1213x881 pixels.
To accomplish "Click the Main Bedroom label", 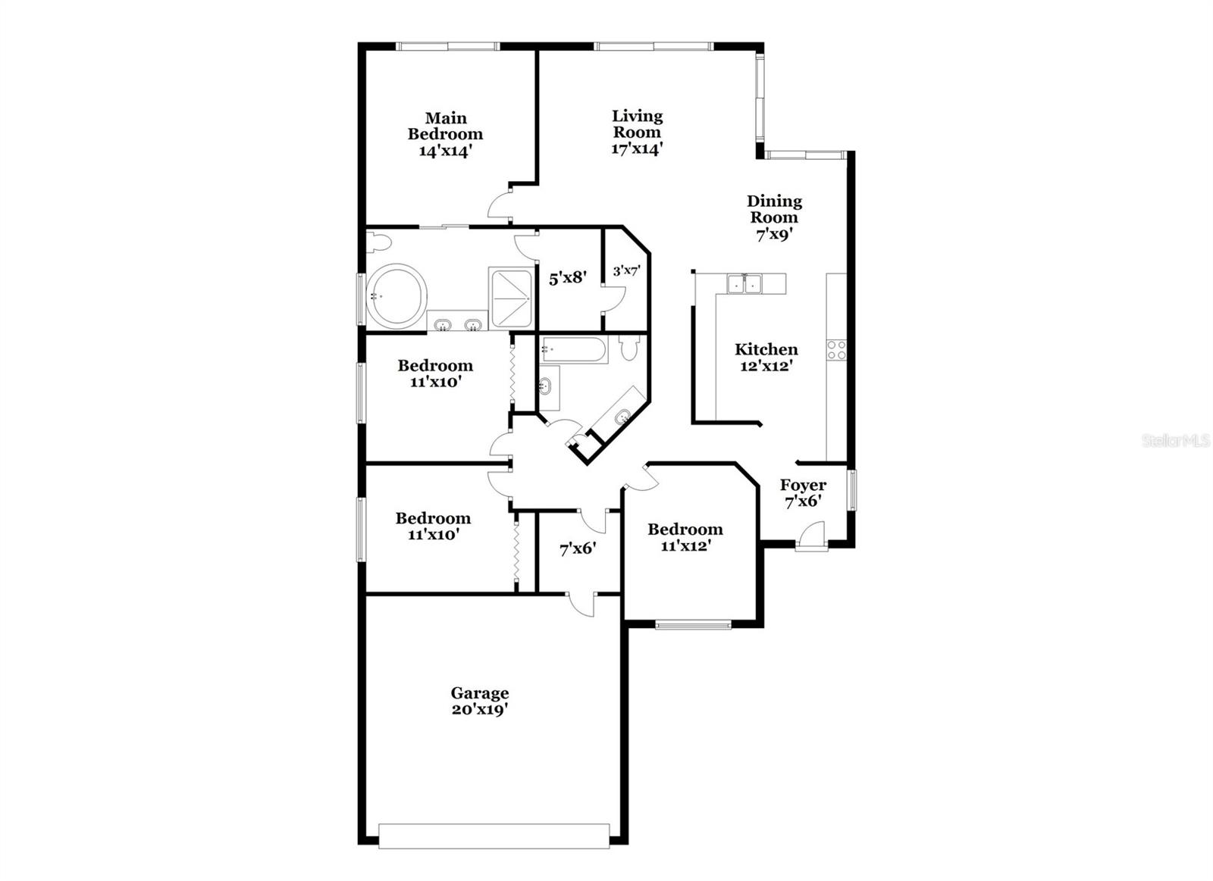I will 445,134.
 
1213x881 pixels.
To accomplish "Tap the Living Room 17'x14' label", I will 638,133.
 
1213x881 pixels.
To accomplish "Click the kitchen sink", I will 744,284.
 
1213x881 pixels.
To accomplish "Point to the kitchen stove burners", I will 836,349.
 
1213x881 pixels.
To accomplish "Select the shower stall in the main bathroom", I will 512,298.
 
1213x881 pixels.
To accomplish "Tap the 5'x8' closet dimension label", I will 568,278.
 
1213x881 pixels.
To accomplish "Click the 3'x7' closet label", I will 626,270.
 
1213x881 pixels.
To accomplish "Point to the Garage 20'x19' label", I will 480,701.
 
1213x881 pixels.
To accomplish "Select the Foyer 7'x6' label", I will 803,493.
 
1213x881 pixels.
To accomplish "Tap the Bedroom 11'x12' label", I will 685,537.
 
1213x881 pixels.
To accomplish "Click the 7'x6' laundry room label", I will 578,549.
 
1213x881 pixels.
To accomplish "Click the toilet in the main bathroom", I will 377,242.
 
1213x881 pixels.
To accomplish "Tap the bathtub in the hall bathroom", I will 573,350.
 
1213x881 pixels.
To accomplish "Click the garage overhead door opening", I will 494,836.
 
